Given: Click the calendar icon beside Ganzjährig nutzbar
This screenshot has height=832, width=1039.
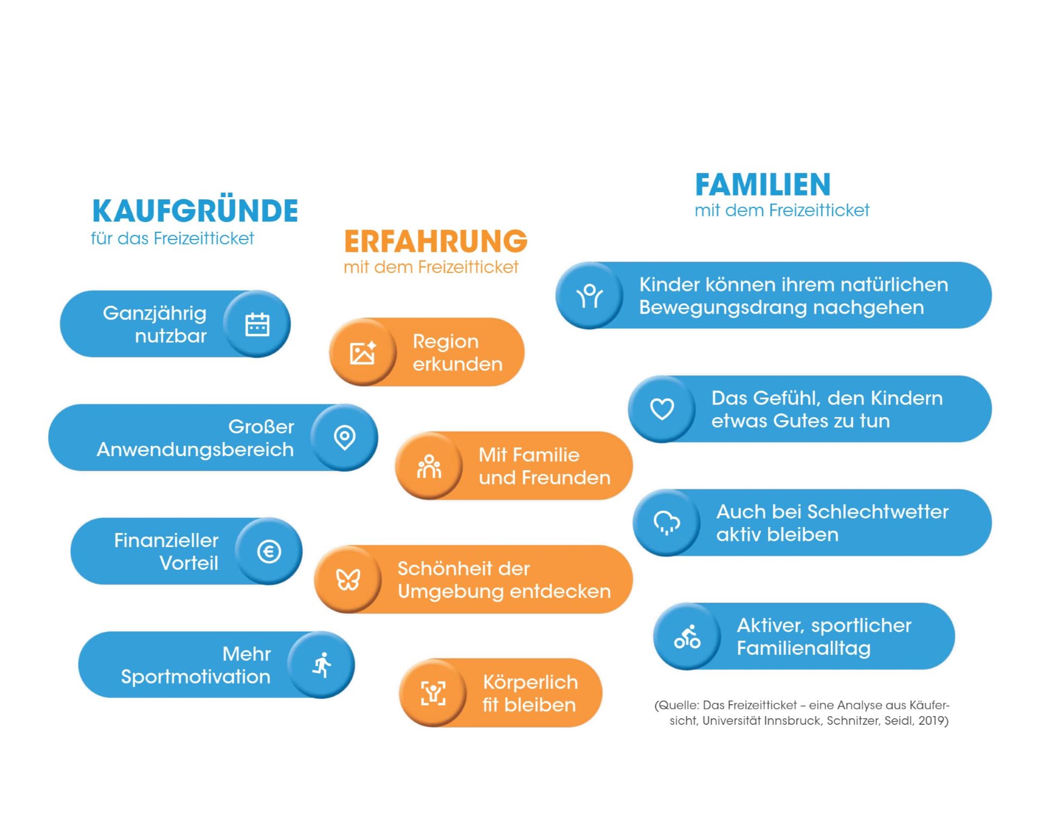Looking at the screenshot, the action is [x=257, y=324].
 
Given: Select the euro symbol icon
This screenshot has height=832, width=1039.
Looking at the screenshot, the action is [x=269, y=551].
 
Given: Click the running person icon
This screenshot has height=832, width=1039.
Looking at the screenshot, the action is [x=322, y=665].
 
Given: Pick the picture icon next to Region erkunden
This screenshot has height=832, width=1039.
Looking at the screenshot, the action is [x=363, y=353].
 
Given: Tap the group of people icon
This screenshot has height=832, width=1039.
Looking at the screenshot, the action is [x=429, y=466].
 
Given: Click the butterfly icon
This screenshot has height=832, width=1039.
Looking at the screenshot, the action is [x=348, y=580].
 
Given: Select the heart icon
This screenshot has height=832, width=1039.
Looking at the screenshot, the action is [x=662, y=409].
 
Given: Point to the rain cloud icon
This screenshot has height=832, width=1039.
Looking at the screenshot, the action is [x=667, y=523].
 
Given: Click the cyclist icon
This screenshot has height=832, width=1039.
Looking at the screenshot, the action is [x=687, y=636].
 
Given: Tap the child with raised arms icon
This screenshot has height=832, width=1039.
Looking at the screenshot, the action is [x=589, y=296].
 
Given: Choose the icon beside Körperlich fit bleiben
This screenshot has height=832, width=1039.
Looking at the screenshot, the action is [x=433, y=693].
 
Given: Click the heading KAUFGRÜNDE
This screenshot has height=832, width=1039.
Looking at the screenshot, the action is [x=195, y=211].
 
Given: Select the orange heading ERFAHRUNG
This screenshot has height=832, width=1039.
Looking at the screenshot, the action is [x=436, y=241].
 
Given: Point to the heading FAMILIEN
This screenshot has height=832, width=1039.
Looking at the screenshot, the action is [x=762, y=185].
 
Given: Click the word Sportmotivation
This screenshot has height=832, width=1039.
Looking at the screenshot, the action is [x=195, y=677].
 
